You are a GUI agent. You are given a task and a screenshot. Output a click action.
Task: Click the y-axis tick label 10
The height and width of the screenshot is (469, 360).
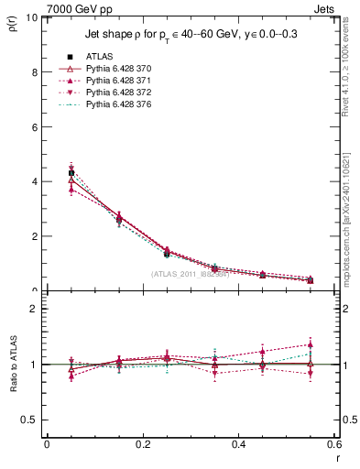click(x=31, y=17)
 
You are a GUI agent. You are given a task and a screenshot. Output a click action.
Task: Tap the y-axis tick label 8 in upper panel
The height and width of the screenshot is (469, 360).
click(x=34, y=72)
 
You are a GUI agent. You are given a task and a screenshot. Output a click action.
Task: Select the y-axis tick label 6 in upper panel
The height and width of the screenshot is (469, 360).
click(x=34, y=127)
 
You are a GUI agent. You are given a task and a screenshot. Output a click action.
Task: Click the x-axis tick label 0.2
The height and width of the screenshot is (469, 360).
click(x=142, y=443)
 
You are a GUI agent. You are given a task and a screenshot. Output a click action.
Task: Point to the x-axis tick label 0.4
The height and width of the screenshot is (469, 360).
click(x=238, y=443)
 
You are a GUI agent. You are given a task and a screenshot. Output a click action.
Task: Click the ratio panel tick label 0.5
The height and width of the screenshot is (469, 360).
click(x=29, y=420)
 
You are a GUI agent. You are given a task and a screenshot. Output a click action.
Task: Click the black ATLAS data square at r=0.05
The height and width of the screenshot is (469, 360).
click(x=71, y=172)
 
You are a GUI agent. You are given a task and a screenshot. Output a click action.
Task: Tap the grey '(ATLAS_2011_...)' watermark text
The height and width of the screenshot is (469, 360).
click(x=191, y=274)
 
